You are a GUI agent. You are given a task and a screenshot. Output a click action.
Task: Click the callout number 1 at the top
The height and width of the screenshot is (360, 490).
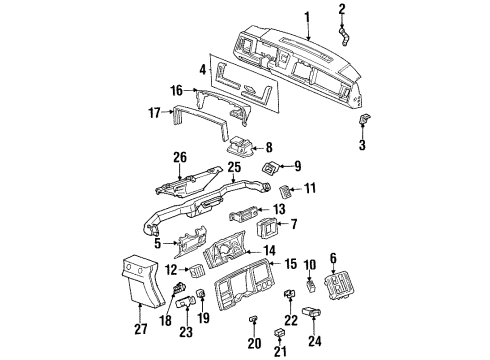point(307,15)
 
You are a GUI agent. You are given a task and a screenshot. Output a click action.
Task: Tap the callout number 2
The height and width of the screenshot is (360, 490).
point(341,10)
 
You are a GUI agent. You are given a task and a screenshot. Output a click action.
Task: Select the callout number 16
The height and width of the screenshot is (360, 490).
point(178,90)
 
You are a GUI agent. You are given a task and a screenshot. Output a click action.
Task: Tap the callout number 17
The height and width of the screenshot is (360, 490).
point(156,113)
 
